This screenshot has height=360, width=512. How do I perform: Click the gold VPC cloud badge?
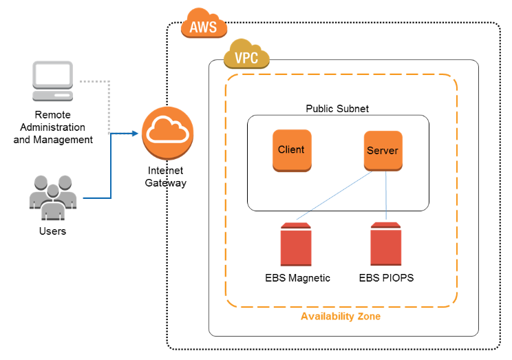(246, 57)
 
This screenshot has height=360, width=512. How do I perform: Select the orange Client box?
(291, 149)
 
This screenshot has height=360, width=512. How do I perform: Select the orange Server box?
(383, 150)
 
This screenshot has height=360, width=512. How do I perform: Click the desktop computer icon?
(52, 82)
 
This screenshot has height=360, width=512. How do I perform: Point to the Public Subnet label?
(337, 108)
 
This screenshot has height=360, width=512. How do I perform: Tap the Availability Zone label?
(340, 316)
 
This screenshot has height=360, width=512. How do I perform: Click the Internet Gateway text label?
(166, 178)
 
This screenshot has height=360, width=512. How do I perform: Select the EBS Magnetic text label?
(297, 278)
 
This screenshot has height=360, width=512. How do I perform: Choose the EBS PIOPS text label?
(386, 278)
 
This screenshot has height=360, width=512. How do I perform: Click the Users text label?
(52, 231)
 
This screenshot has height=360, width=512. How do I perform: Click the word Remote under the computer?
(52, 115)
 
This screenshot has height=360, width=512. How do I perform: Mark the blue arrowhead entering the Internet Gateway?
(136, 133)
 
